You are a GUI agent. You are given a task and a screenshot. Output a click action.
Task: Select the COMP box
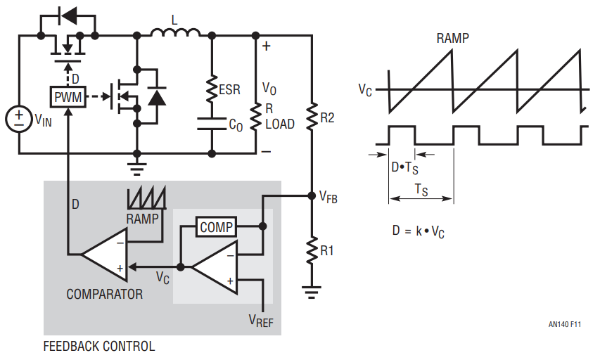[x=215, y=227]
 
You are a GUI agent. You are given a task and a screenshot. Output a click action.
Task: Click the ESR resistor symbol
[x=211, y=89]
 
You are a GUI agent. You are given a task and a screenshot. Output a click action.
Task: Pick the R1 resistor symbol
[x=312, y=250]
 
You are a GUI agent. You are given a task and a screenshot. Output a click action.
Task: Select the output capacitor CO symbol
[x=211, y=124]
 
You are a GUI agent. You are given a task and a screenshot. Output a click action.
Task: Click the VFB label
[x=328, y=198]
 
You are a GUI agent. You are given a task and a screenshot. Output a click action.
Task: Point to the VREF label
[x=261, y=321]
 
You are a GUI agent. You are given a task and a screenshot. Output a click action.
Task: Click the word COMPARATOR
[x=104, y=294]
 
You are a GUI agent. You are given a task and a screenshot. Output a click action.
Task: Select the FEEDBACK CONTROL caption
[x=99, y=347]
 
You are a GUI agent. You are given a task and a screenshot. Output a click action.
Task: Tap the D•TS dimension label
[x=405, y=168]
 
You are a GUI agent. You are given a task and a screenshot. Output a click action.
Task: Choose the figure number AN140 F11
[x=565, y=325]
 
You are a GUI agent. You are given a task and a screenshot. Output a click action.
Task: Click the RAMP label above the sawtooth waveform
[x=452, y=39]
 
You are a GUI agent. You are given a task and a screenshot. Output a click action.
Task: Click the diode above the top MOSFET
[x=68, y=15]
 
